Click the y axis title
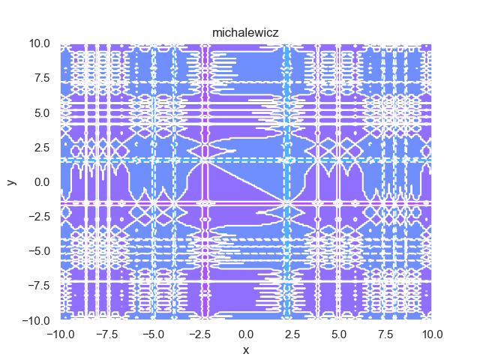click(x=12, y=182)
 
